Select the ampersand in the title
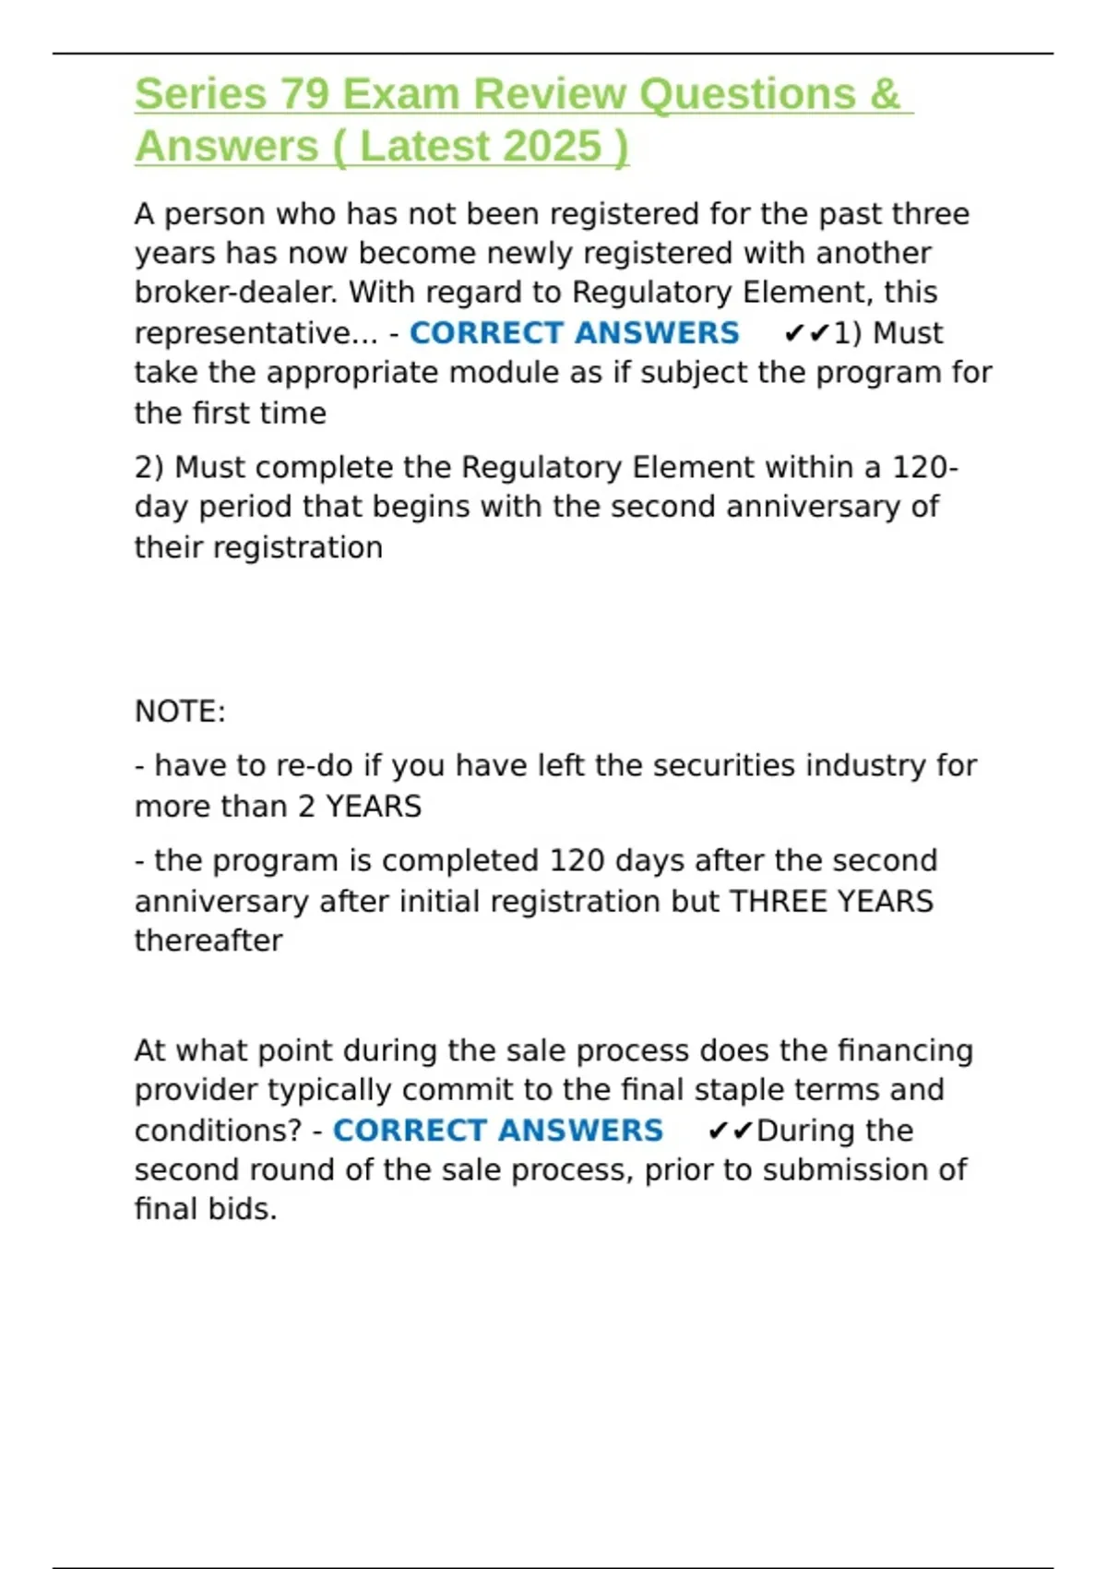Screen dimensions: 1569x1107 [x=884, y=94]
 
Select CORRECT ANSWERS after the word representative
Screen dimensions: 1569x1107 [x=574, y=332]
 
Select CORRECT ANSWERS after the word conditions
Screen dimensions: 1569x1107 [x=497, y=1130]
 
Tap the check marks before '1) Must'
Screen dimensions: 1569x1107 [x=806, y=333]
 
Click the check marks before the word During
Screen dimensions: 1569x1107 [x=730, y=1131]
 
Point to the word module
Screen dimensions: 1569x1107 [x=499, y=373]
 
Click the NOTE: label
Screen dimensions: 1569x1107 [x=180, y=712]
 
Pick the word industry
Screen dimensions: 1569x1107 [x=860, y=765]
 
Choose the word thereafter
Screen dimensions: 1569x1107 [x=208, y=940]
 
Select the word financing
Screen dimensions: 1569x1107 [x=905, y=1050]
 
